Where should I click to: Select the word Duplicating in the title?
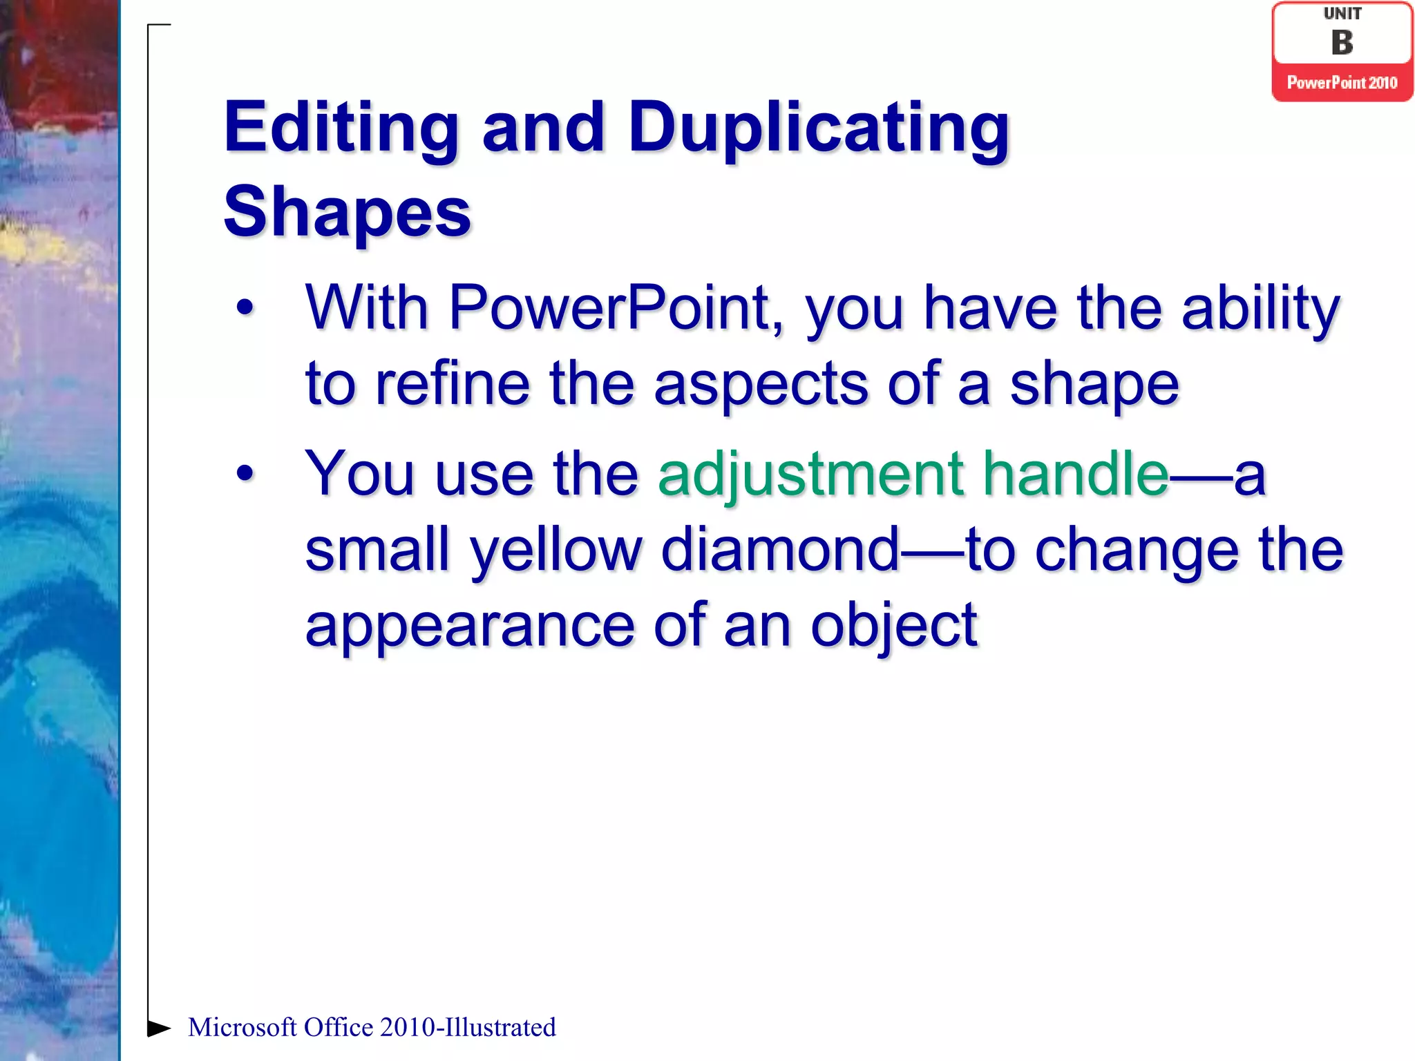coord(819,128)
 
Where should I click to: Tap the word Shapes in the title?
coord(347,212)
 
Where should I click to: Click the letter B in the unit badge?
coord(1342,43)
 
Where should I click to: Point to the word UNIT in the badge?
coord(1342,14)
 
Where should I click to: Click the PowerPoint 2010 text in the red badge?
coord(1342,83)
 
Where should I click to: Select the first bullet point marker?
coord(245,308)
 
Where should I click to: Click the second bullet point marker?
coord(245,474)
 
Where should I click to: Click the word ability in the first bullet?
coord(1261,309)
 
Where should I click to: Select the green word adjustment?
coord(810,475)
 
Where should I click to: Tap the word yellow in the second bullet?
coord(556,551)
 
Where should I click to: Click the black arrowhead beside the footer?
coord(159,1028)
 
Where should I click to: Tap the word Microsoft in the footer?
coord(242,1028)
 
